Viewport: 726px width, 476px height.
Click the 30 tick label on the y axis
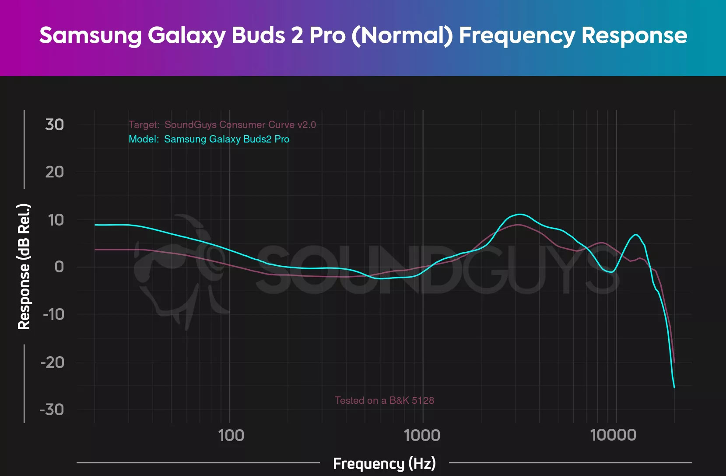(x=55, y=125)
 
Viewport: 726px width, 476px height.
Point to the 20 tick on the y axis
(x=55, y=172)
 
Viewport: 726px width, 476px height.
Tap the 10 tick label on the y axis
(x=56, y=220)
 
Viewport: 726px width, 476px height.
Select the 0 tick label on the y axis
(x=59, y=267)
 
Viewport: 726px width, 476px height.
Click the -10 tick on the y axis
(x=53, y=314)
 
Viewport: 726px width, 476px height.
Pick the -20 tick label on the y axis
(x=53, y=362)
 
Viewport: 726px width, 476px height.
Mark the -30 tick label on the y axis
(x=52, y=410)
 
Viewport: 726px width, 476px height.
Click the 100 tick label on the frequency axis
(x=231, y=435)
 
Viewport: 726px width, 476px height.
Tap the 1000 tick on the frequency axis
(x=422, y=435)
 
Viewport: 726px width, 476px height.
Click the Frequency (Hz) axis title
(x=384, y=463)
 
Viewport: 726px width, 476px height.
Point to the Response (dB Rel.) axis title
(x=24, y=267)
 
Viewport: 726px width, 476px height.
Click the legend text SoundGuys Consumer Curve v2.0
(x=240, y=125)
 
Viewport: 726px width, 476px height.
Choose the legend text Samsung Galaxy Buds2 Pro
(x=227, y=139)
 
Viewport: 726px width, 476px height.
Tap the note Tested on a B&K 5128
(x=384, y=400)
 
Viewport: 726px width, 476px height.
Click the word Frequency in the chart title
(x=517, y=36)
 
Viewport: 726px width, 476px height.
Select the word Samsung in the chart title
(x=90, y=36)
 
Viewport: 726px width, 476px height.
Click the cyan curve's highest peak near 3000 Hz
(x=519, y=214)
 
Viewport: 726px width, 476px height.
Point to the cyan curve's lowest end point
(x=674, y=387)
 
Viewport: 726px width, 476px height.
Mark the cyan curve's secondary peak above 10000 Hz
(x=635, y=235)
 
